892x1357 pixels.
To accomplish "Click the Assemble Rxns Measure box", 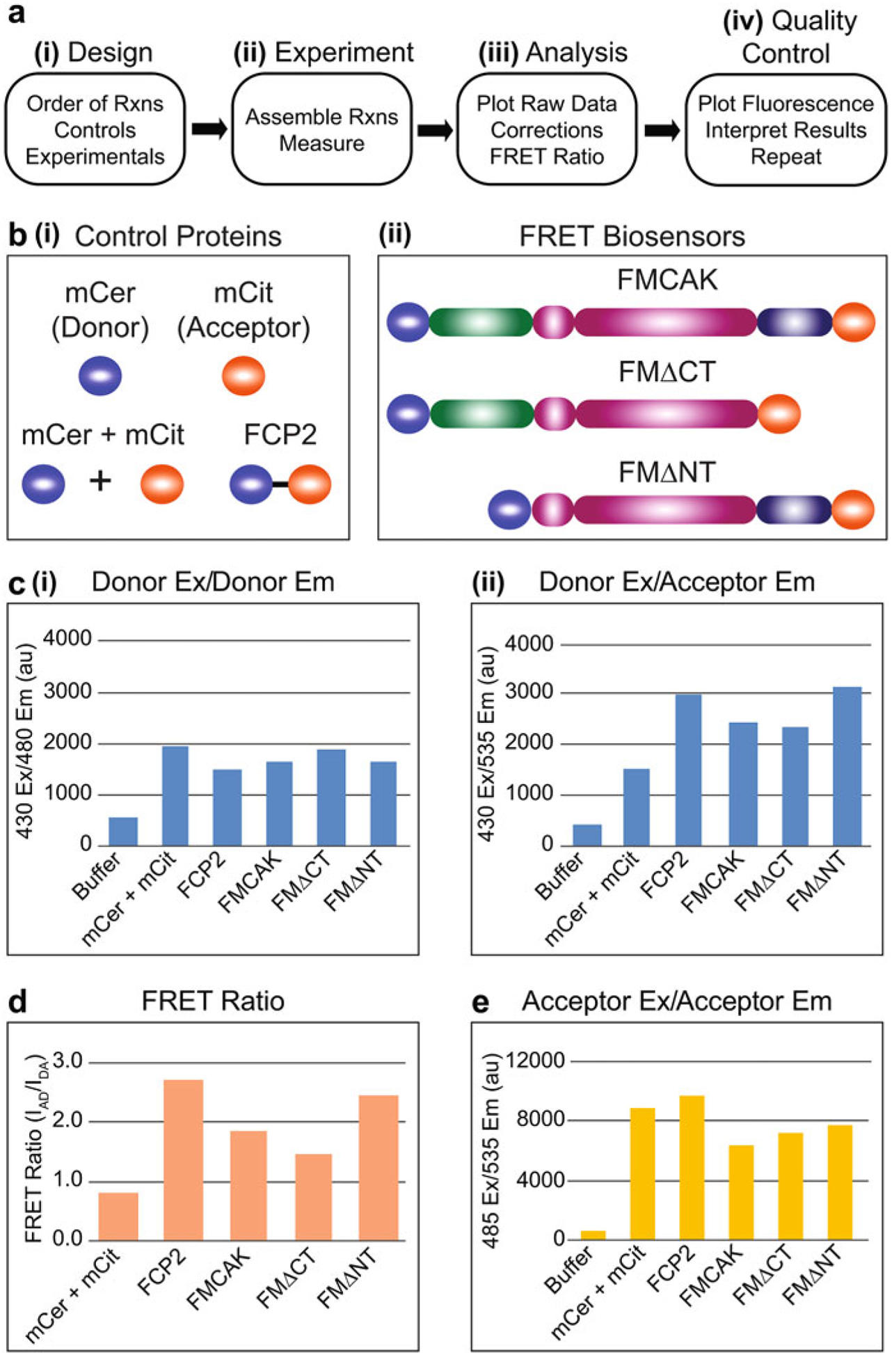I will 321,129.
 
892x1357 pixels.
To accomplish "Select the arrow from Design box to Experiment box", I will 209,129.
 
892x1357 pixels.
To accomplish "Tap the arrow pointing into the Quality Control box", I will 662,130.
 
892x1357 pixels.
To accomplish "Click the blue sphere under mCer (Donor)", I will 100,375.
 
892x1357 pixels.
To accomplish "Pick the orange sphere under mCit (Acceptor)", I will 244,375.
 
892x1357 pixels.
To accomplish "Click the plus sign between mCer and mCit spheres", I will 101,481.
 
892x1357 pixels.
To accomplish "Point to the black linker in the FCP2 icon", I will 280,484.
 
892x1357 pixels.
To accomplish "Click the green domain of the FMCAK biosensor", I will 480,322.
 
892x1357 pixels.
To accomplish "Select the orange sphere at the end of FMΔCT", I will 779,414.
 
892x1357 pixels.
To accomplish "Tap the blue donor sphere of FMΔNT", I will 509,509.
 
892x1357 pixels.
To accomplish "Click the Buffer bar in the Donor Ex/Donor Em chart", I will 123,832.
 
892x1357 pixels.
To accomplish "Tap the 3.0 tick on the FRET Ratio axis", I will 67,1061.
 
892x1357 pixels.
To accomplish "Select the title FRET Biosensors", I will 632,237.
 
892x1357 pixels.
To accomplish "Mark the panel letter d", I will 17,1001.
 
